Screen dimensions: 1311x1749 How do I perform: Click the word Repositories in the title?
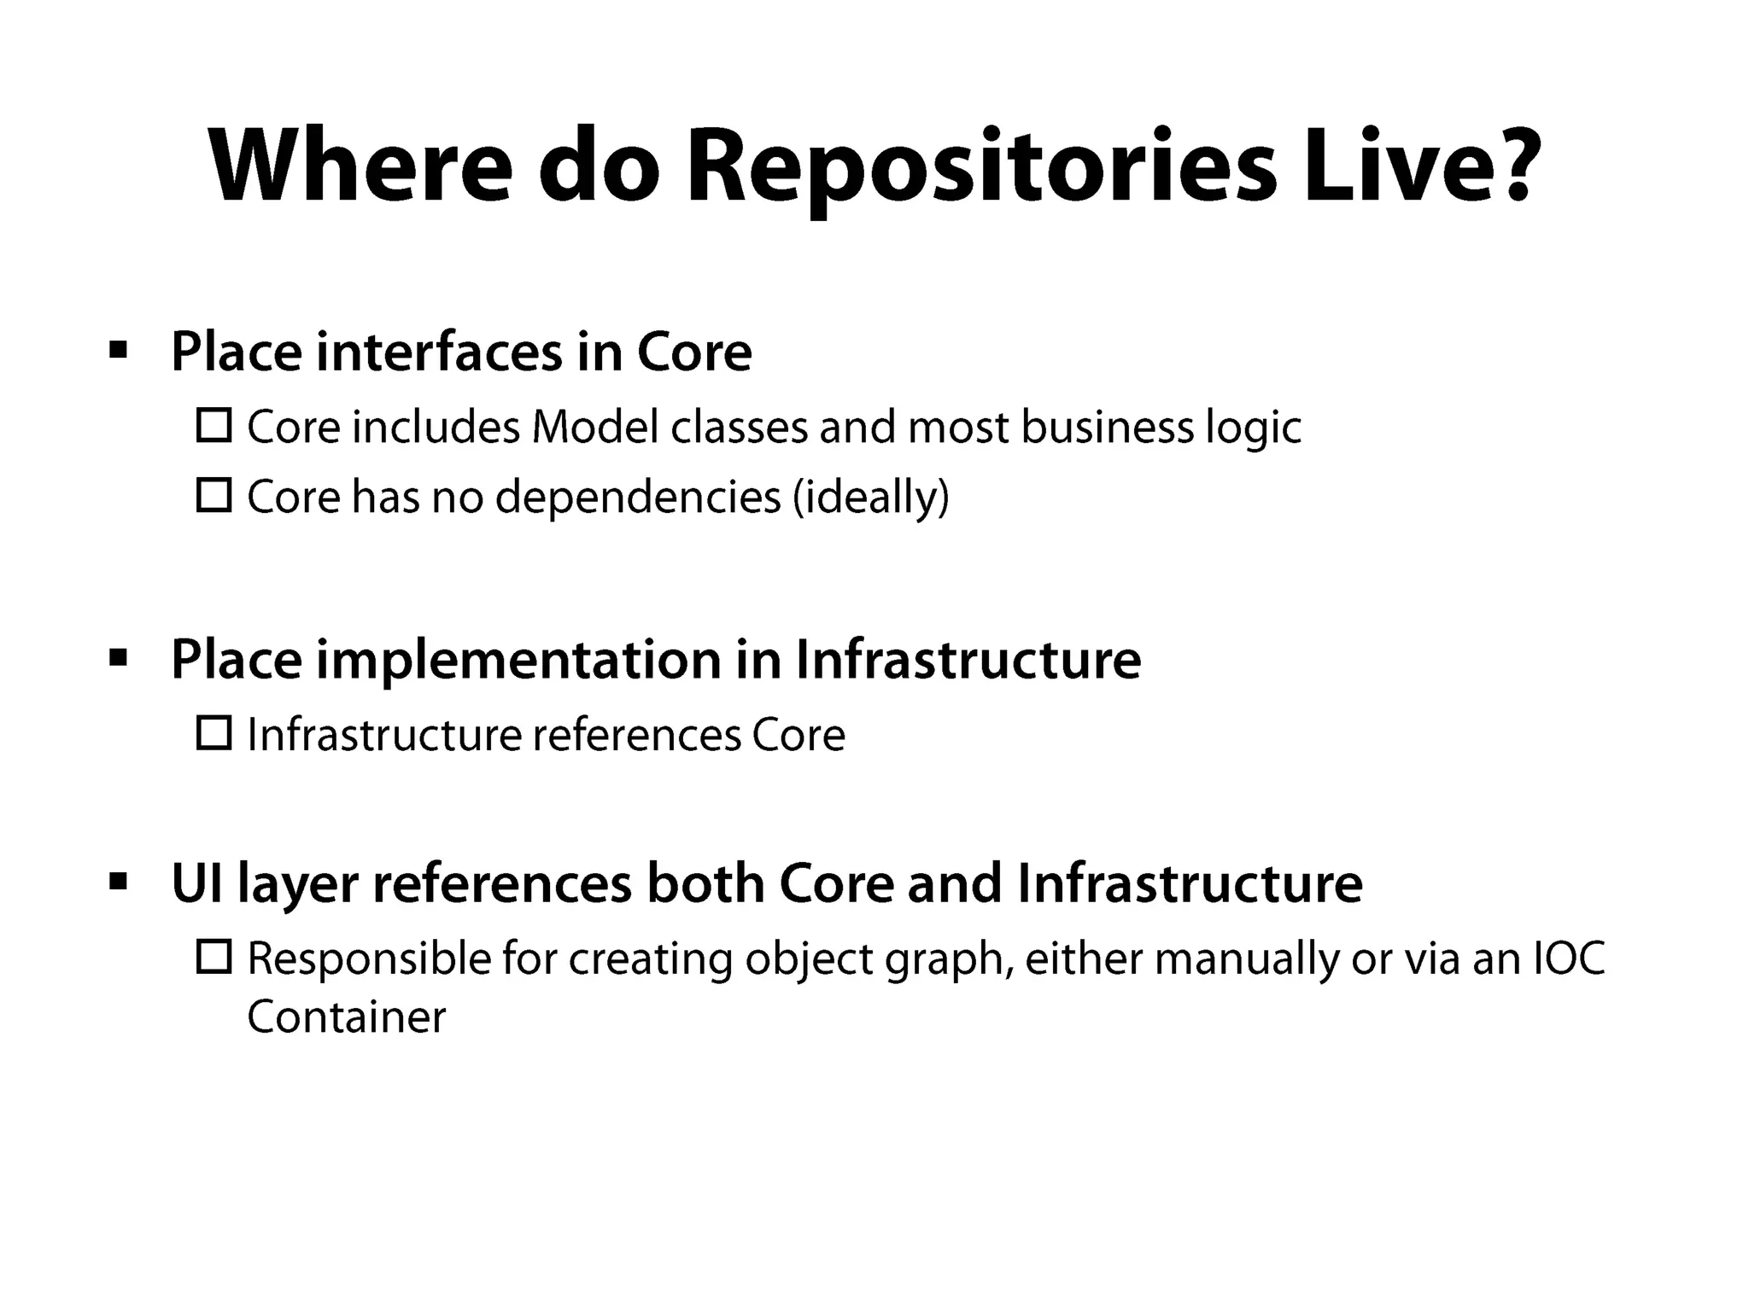[x=981, y=167]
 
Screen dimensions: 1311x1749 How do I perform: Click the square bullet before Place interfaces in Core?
[x=119, y=350]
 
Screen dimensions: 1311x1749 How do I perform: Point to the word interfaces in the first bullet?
[x=439, y=352]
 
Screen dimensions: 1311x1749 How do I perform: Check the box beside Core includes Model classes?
[x=214, y=425]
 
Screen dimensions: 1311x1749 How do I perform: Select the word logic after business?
[x=1253, y=428]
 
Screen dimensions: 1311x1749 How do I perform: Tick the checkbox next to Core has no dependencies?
[x=214, y=495]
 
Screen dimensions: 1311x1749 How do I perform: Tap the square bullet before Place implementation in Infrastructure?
[x=119, y=658]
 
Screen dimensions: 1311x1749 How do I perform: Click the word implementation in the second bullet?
[x=518, y=660]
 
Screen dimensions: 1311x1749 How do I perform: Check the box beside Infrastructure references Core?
[x=214, y=733]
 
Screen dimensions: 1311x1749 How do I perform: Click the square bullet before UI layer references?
[x=119, y=881]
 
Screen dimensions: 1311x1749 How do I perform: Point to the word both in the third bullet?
[x=705, y=883]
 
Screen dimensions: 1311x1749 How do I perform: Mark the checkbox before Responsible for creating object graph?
[x=214, y=957]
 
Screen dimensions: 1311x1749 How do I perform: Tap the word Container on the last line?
[x=346, y=1017]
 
